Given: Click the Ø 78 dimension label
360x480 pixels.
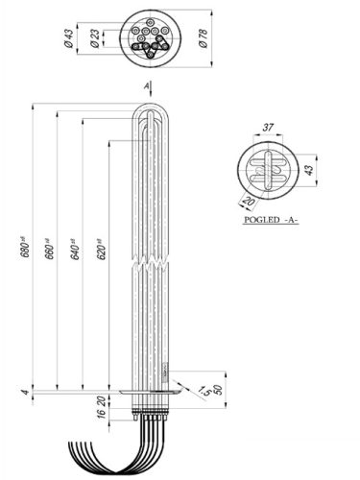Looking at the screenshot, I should (x=203, y=37).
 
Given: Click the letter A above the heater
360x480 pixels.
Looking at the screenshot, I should (x=147, y=85).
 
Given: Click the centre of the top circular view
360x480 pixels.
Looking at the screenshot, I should (x=149, y=37).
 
